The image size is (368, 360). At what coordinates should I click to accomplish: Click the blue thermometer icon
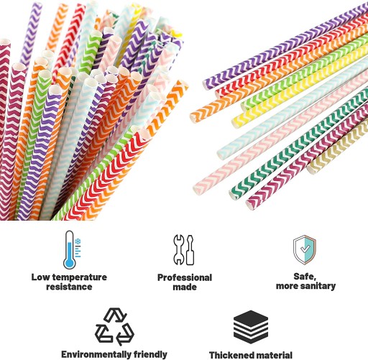72,250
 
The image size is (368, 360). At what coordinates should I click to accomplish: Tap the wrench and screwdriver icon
184,250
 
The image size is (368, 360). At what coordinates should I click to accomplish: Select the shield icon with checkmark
305,250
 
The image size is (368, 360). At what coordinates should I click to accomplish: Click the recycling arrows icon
115,327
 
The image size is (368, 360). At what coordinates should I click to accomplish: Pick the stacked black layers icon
251,327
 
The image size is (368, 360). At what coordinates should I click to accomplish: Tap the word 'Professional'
185,277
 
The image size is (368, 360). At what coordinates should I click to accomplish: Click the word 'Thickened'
229,355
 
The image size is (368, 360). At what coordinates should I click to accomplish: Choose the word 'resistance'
69,287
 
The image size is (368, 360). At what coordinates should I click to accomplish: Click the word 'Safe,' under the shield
305,277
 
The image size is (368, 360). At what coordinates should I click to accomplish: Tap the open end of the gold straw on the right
310,169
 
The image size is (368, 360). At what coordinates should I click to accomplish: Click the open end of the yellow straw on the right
236,122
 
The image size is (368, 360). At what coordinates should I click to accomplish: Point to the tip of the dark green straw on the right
233,194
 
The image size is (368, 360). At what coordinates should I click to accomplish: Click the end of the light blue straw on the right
221,153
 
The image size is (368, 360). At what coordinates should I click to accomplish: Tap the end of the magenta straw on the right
250,204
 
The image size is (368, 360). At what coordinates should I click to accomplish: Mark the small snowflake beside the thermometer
78,241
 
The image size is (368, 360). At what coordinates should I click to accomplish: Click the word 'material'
272,355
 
